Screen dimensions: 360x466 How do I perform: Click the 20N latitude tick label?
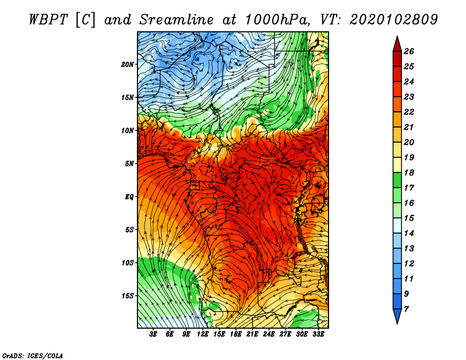(128, 64)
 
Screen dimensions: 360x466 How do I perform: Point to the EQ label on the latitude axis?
(129, 196)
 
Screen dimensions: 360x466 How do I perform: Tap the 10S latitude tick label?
(128, 263)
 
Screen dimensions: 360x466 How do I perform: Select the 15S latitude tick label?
(128, 296)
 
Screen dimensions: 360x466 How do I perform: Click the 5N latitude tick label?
(129, 164)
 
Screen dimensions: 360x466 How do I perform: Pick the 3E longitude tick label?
(154, 334)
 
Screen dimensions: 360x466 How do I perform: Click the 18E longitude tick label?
(236, 334)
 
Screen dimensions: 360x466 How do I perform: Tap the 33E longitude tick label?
(318, 334)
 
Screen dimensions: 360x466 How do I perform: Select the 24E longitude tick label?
(269, 334)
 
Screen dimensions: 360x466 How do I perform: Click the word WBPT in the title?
(49, 19)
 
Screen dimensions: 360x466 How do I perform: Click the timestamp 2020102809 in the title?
(393, 19)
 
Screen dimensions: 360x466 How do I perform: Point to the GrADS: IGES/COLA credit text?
(33, 355)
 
